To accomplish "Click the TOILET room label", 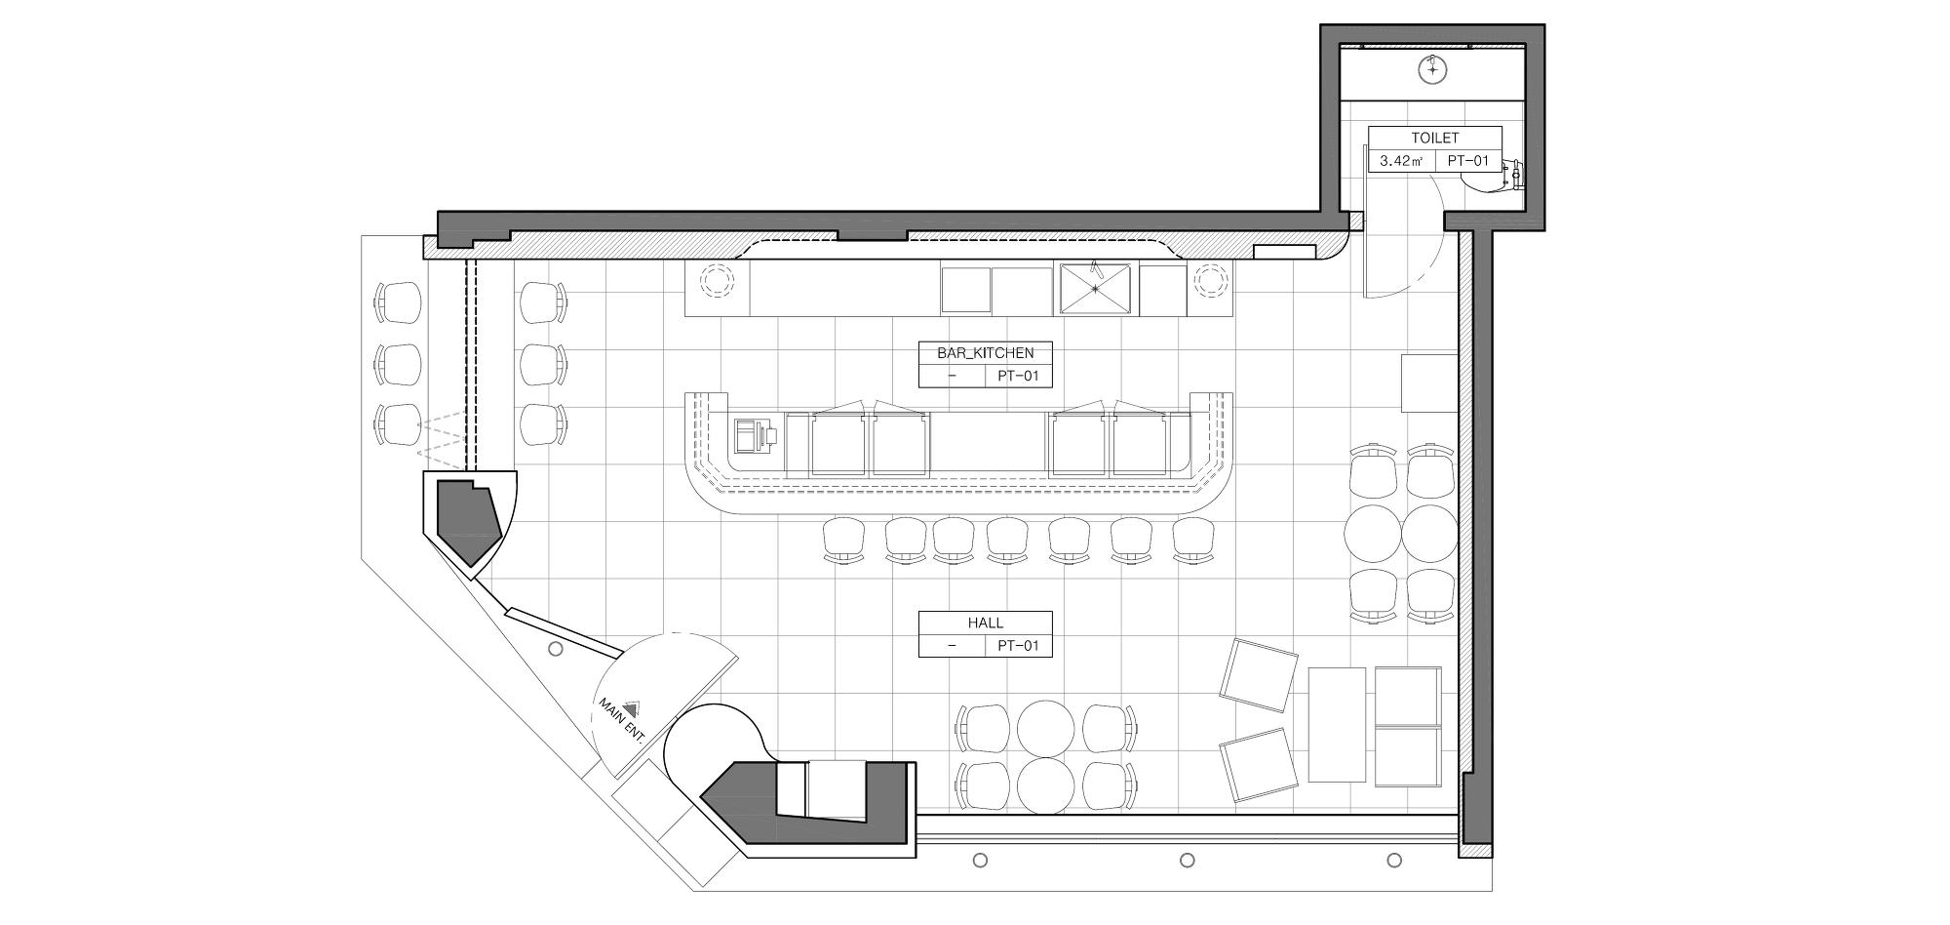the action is click(x=1434, y=139).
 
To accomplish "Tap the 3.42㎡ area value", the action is click(x=1401, y=161).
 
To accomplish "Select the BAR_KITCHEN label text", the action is click(x=985, y=353).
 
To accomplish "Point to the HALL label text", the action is click(x=985, y=623).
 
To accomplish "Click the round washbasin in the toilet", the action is click(x=1430, y=69).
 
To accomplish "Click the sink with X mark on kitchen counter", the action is click(x=1097, y=288).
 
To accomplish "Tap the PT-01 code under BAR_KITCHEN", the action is click(x=1018, y=376).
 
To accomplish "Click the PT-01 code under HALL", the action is click(x=1018, y=645).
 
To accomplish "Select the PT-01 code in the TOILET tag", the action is click(x=1467, y=161).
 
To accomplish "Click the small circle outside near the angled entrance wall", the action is click(x=555, y=649).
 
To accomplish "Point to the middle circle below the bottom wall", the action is click(x=1187, y=860).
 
